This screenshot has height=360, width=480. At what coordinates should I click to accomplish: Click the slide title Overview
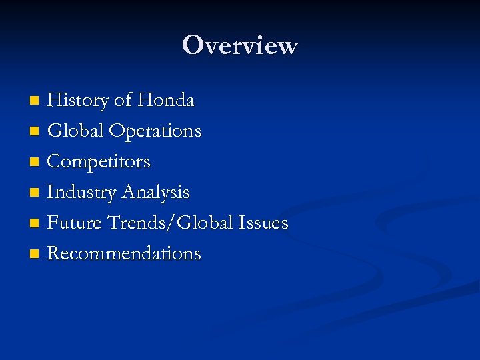click(240, 45)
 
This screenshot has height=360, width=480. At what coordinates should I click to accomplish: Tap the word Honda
click(166, 101)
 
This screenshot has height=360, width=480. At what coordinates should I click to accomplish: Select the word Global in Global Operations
click(75, 131)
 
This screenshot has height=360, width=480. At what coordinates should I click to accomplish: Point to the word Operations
click(155, 131)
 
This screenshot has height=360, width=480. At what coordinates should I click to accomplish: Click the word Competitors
click(99, 162)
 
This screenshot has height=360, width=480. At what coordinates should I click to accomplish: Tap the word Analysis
click(155, 193)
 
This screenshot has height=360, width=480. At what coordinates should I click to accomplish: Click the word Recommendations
click(124, 253)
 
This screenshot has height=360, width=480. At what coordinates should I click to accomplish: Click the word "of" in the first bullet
click(123, 101)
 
